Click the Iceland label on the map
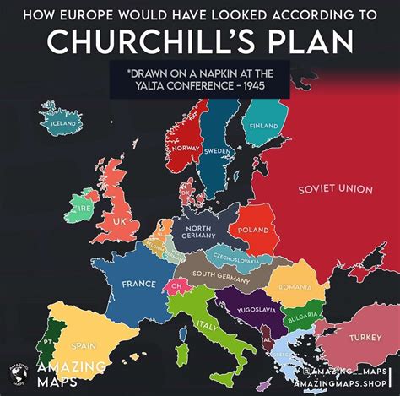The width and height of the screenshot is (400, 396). pos(63,125)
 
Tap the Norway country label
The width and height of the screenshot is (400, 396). pos(185,148)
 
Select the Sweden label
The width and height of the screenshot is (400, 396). pos(217,151)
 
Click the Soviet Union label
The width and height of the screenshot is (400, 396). pos(335,189)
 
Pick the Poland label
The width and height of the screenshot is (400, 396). pos(254,229)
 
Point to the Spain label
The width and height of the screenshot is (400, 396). pos(83,345)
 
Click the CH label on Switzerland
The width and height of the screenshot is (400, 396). pos(176,287)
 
